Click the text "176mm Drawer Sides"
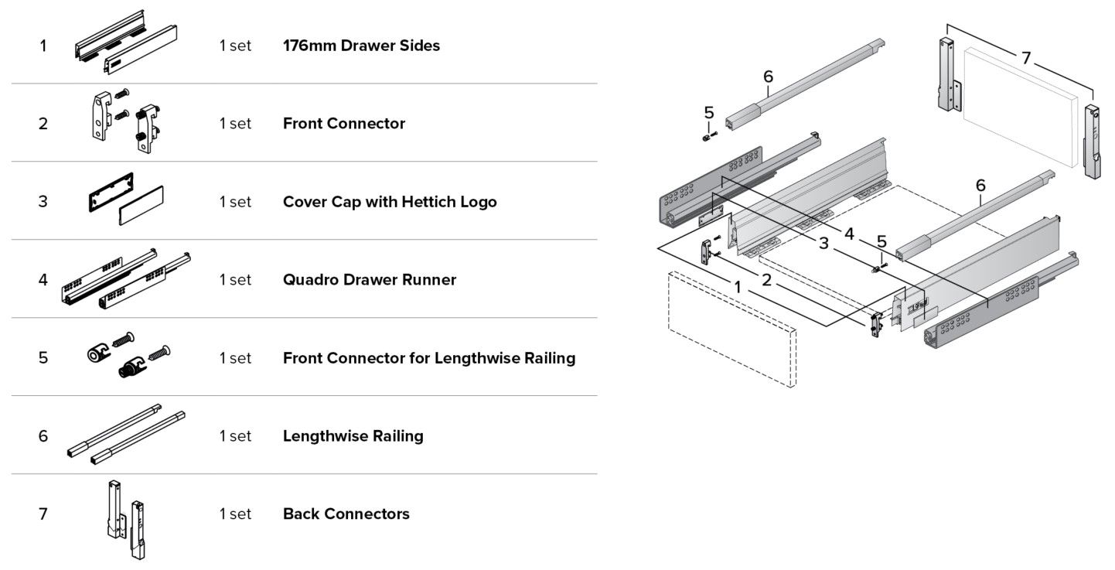pos(361,46)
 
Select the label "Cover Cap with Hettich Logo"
pos(390,202)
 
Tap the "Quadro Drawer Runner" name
pos(370,279)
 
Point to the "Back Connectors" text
pos(346,514)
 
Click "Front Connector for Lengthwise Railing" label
pos(429,358)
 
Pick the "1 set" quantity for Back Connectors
pos(236,514)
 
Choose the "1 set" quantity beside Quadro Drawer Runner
pos(236,279)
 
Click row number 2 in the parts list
pos(43,124)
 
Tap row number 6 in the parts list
pos(43,436)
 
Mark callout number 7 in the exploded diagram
pos(1025,58)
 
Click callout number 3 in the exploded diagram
pos(824,244)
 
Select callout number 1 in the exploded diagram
pos(738,286)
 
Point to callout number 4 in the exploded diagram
pos(849,232)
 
